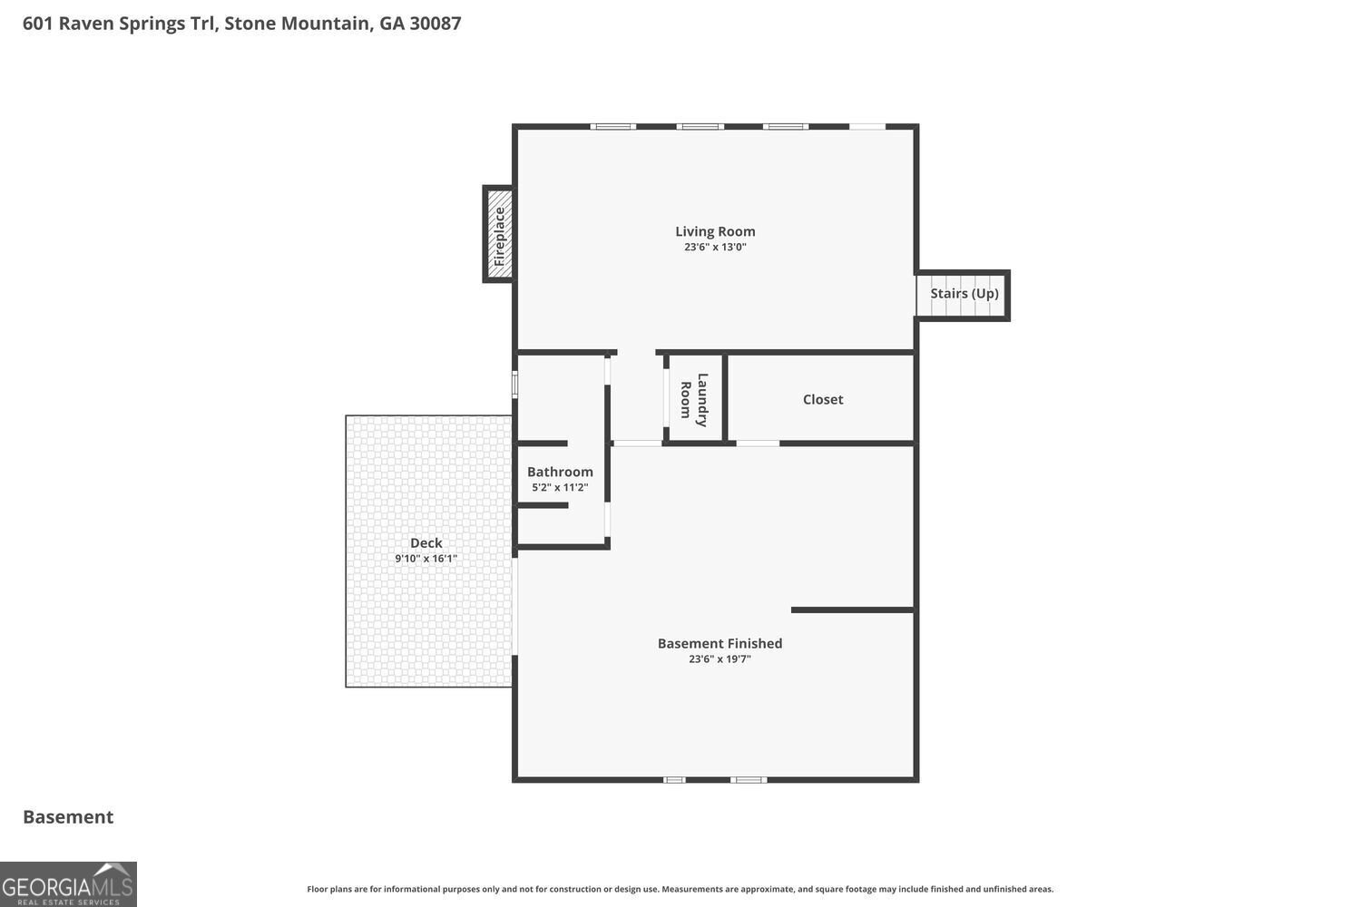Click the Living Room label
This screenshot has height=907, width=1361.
(x=715, y=231)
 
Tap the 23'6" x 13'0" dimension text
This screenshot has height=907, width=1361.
(x=715, y=247)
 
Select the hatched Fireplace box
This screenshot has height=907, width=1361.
(x=499, y=235)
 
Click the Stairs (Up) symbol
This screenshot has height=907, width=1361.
(x=963, y=295)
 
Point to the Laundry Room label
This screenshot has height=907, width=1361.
(x=694, y=400)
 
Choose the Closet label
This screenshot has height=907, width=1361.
(x=822, y=399)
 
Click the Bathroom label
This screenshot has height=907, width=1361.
(x=560, y=472)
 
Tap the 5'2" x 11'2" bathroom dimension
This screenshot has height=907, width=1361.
(x=560, y=487)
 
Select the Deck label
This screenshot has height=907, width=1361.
(x=426, y=542)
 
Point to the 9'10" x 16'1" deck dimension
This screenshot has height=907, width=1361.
(x=426, y=559)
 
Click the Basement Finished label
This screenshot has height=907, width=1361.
(x=720, y=643)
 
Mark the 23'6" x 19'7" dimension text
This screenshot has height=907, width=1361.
(x=720, y=659)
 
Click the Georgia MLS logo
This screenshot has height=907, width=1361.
(x=68, y=884)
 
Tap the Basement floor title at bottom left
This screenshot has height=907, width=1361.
(x=68, y=816)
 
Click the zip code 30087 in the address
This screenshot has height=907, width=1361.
(x=435, y=23)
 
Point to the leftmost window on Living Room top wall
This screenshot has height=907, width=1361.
(x=613, y=127)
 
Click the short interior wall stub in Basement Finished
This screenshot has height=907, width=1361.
(x=852, y=610)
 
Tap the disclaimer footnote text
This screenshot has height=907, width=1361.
(x=680, y=889)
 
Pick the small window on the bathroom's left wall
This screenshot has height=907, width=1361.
(x=514, y=385)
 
